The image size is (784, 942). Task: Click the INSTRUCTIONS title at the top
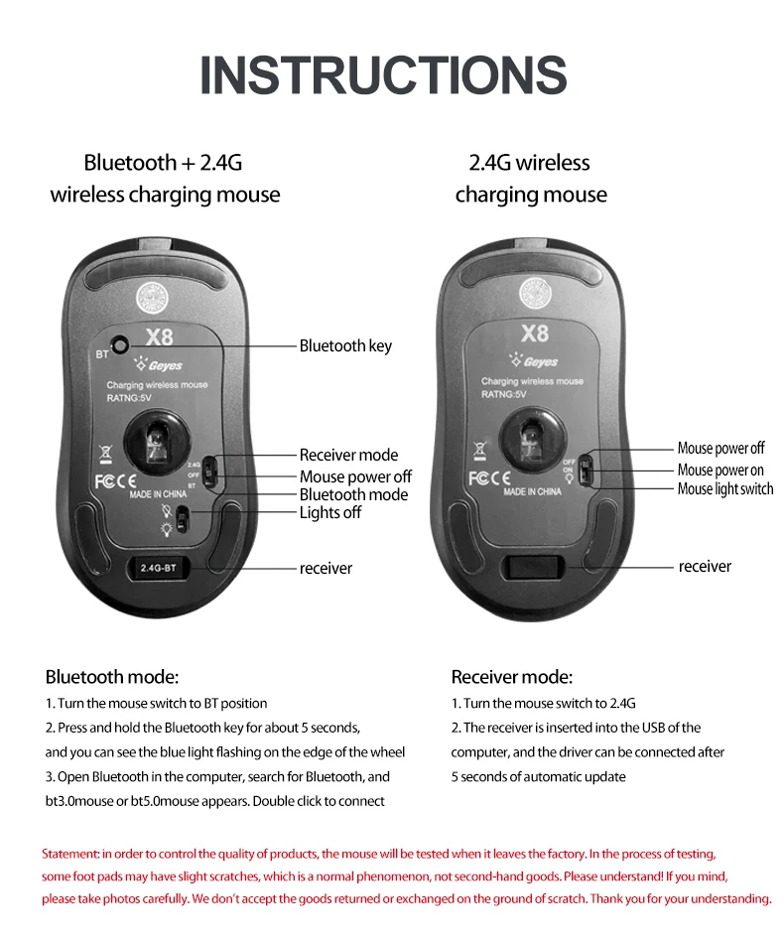coord(384,75)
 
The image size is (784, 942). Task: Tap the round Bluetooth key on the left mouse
coord(121,343)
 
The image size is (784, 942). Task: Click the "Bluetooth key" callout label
coord(345,345)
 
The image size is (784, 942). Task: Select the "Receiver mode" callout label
coord(348,455)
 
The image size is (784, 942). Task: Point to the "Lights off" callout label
coord(330,512)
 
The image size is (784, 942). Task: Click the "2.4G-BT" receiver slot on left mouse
coord(151,568)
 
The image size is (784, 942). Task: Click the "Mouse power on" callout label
coord(720,470)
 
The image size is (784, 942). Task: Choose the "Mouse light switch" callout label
coord(725,488)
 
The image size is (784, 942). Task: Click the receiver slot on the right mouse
coord(534,567)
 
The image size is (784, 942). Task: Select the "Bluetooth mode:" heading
coord(112,677)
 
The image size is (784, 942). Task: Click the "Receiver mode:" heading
coord(512,677)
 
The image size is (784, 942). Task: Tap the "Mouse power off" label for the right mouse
coord(721,449)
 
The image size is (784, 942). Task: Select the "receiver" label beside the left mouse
coord(326,568)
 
